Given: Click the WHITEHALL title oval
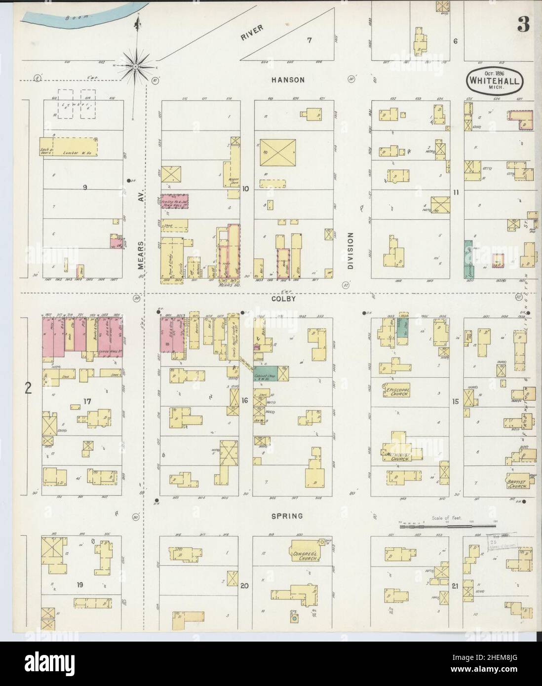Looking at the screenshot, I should [x=493, y=80].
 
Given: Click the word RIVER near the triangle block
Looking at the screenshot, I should [x=253, y=31].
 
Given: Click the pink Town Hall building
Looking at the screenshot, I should [x=178, y=203].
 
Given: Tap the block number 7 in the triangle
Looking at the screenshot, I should [x=310, y=40].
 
